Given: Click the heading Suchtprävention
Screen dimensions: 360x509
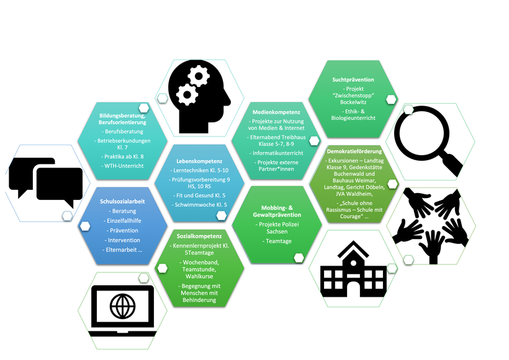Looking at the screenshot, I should pyautogui.click(x=353, y=79).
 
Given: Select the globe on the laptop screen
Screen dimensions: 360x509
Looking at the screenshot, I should pyautogui.click(x=122, y=305).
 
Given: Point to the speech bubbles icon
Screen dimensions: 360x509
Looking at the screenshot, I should pyautogui.click(x=47, y=182).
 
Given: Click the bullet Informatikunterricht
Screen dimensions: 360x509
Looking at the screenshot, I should pyautogui.click(x=277, y=153).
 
